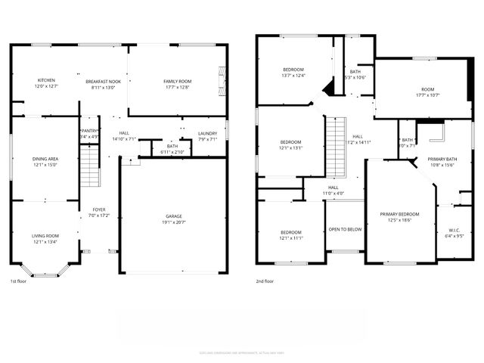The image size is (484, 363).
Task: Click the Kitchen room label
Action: [x=46, y=81]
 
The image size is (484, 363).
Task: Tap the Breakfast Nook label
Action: [x=103, y=81]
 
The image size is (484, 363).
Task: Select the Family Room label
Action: [x=178, y=81]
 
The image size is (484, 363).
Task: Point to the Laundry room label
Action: [x=207, y=134]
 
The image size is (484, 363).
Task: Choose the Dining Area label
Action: [x=45, y=159]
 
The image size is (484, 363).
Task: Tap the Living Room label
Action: [x=45, y=236]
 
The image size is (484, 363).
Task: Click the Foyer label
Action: [x=99, y=210]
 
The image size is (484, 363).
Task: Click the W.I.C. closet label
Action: [x=455, y=231]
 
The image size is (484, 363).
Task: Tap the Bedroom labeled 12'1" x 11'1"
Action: [x=291, y=233]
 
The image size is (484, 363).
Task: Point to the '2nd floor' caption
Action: [x=265, y=281]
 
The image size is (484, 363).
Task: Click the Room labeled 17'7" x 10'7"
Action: [x=427, y=90]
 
